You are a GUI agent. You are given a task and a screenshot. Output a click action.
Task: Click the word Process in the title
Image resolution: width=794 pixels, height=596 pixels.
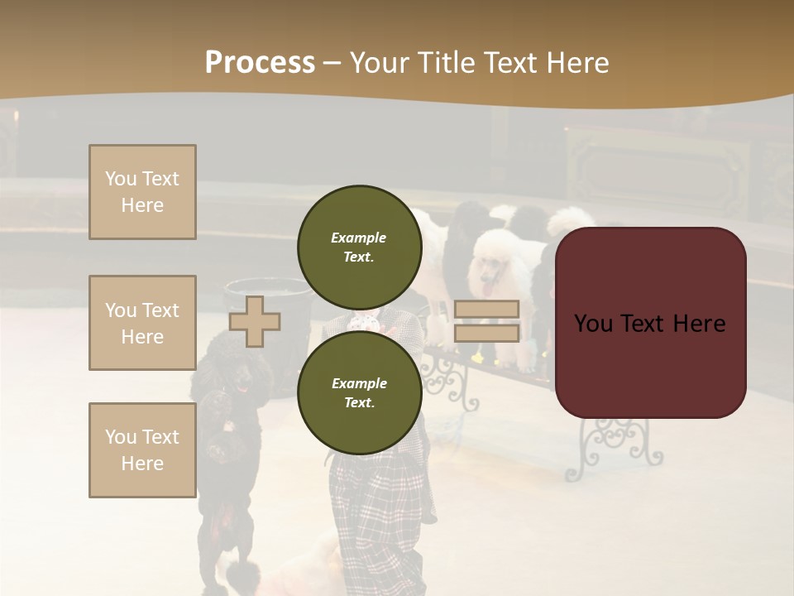click(x=260, y=63)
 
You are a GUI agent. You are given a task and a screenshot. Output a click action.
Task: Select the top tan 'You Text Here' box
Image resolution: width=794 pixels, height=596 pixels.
click(x=142, y=192)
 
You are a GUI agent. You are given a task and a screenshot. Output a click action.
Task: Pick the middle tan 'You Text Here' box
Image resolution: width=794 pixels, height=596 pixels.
click(x=142, y=323)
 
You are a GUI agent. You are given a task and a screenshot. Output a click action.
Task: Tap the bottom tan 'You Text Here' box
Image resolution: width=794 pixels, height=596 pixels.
click(x=142, y=449)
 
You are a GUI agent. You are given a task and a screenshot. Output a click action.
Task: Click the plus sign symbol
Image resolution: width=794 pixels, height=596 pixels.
click(x=255, y=321)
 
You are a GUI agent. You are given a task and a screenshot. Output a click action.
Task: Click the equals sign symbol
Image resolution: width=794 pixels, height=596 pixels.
click(x=486, y=321)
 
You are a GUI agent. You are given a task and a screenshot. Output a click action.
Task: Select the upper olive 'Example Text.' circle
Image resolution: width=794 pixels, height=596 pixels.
click(x=359, y=247)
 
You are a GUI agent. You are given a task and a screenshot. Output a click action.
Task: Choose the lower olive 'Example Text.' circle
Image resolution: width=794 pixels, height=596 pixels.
click(x=359, y=392)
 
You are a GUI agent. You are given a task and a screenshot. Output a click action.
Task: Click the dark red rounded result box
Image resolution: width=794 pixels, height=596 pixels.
click(x=650, y=323)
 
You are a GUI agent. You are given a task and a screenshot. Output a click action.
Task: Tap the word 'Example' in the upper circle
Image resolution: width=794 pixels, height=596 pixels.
click(x=359, y=238)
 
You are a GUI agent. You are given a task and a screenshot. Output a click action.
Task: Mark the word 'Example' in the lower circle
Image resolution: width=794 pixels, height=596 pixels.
click(x=359, y=383)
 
